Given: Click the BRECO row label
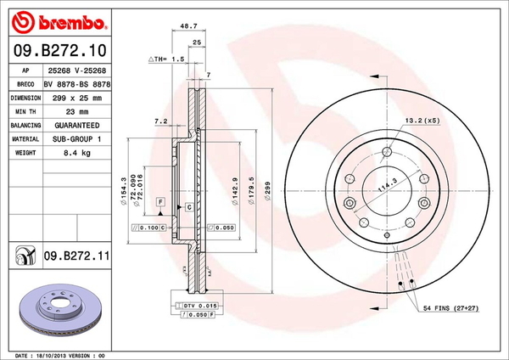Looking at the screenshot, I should pyautogui.click(x=25, y=84).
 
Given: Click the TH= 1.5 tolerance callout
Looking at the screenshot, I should pyautogui.click(x=167, y=59).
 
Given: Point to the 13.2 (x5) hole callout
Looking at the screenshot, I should pyautogui.click(x=421, y=120).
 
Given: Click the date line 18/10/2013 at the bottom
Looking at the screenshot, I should pyautogui.click(x=59, y=353).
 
